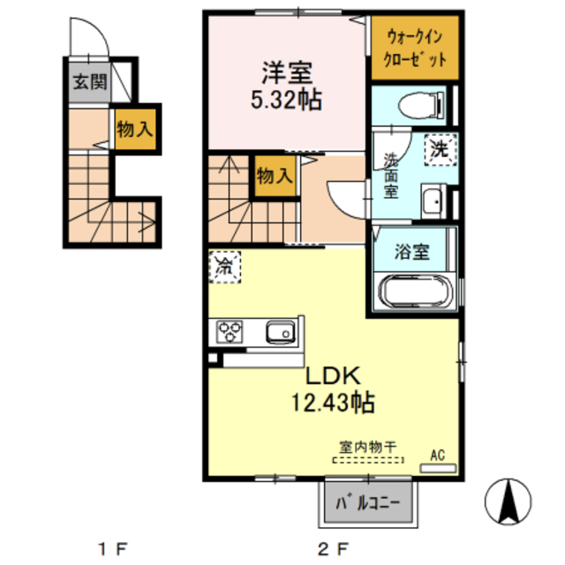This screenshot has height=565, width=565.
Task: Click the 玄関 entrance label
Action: pyautogui.click(x=90, y=84)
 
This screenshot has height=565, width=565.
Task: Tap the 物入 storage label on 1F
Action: pyautogui.click(x=135, y=129)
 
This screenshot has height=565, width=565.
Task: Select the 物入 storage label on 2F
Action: pyautogui.click(x=274, y=176)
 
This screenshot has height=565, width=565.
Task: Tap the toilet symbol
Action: pyautogui.click(x=414, y=107)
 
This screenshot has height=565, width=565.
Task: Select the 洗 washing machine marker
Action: pyautogui.click(x=439, y=148)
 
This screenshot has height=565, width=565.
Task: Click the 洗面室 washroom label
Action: pyautogui.click(x=390, y=175)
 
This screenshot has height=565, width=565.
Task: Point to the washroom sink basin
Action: pyautogui.click(x=433, y=201)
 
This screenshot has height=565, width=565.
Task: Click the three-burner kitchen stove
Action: pyautogui.click(x=232, y=332)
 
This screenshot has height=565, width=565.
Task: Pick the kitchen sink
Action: pyautogui.click(x=281, y=332)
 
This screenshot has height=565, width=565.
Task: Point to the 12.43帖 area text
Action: pyautogui.click(x=333, y=403)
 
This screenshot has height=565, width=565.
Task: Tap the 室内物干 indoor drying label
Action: pyautogui.click(x=366, y=447)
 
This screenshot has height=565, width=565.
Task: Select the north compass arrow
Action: pyautogui.click(x=508, y=502)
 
